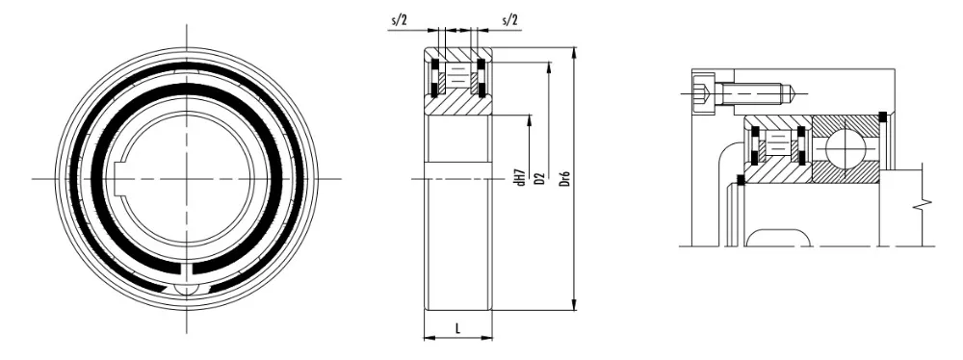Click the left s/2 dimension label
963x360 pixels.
399,20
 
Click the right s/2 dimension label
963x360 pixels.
509,20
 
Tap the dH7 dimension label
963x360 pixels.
521,176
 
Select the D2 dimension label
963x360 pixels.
540,178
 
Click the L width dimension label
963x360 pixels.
458,328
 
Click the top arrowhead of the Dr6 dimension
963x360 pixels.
575,52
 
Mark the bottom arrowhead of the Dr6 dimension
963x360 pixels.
575,305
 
